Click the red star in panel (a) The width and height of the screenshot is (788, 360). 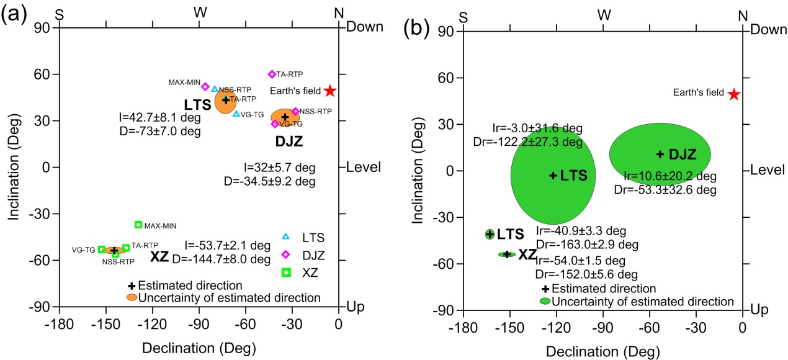330,91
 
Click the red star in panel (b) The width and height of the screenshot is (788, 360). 734,94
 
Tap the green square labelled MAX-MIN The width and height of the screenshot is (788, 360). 138,225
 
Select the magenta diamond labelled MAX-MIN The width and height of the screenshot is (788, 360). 205,86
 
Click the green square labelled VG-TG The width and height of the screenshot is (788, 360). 102,250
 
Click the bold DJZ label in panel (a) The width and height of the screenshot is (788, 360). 289,142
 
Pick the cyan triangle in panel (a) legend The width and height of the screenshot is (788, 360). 285,236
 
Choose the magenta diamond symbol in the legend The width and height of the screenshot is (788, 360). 285,254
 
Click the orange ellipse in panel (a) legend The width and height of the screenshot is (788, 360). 132,298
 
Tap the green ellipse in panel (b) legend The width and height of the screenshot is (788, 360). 545,302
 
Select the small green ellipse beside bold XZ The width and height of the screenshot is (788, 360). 507,254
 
